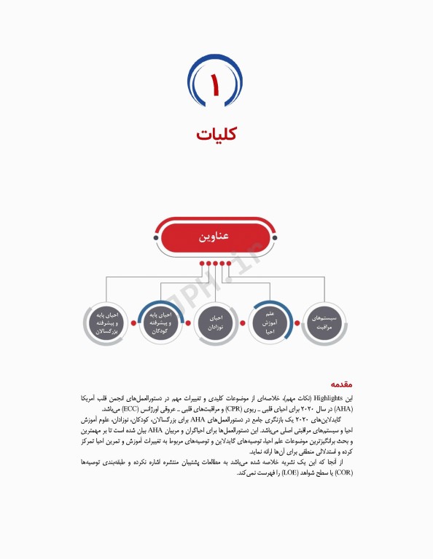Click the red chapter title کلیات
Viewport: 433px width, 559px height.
[216, 135]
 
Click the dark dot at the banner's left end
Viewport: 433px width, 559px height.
[155, 237]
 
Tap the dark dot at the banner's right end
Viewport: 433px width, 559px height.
[277, 237]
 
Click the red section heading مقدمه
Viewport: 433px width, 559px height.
[341, 384]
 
